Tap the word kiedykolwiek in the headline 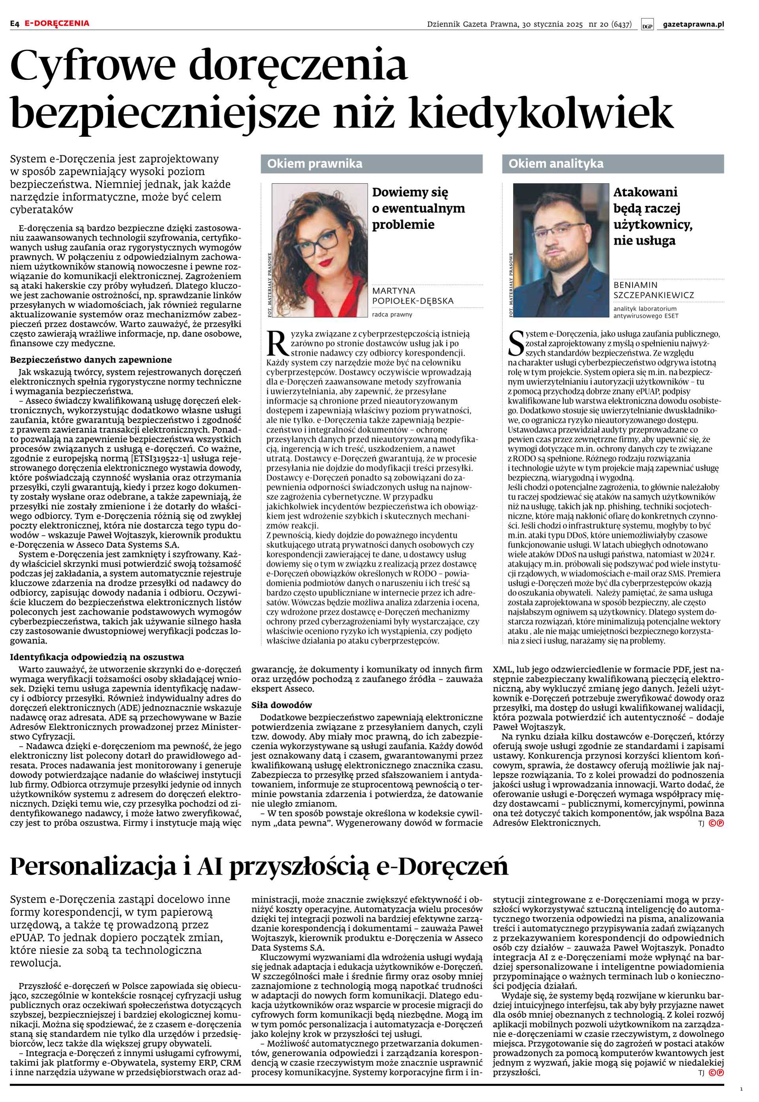point(541,113)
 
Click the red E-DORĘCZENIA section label point(57,23)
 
